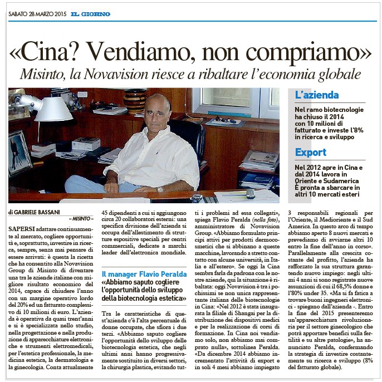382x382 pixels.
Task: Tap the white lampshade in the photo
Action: (53, 109)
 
